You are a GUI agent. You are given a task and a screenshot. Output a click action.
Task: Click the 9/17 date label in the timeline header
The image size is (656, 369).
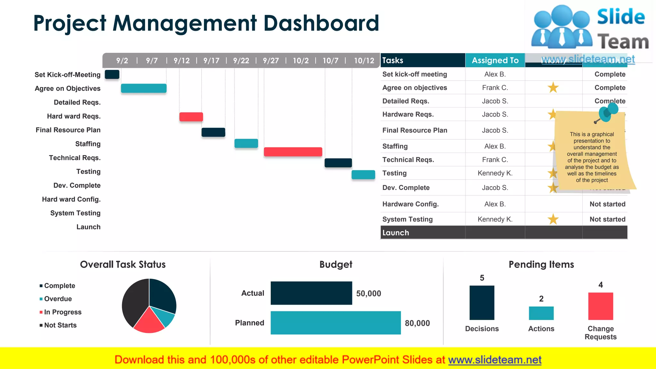point(211,61)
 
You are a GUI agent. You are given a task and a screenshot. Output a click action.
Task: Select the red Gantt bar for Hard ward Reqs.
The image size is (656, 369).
point(191,117)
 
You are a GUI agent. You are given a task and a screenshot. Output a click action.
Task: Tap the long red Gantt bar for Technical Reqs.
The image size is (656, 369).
point(293,152)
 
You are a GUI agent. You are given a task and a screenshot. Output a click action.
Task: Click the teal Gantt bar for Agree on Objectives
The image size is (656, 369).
point(143,88)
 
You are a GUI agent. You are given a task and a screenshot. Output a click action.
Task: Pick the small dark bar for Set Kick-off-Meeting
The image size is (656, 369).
point(112,74)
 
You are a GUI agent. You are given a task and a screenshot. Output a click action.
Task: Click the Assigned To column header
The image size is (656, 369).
point(495,60)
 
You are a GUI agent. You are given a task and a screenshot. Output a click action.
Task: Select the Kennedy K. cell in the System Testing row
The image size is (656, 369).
point(495,219)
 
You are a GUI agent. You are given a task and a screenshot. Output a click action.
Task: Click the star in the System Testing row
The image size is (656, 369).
point(553,219)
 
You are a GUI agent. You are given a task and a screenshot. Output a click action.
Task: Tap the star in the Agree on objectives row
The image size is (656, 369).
point(553,87)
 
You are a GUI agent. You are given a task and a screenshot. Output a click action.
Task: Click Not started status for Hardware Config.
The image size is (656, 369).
point(607,204)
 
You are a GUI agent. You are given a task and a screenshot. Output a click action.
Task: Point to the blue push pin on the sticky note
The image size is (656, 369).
point(607,112)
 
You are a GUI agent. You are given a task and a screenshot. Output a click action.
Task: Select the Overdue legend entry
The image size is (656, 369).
point(58,299)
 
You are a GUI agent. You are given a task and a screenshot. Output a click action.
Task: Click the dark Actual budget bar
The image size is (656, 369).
point(311,293)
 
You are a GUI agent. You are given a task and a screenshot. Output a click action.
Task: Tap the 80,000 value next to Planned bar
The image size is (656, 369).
point(417,323)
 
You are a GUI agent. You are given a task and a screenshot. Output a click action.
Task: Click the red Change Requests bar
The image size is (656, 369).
point(600,306)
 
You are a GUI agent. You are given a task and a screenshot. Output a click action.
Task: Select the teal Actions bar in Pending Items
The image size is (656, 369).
point(541,313)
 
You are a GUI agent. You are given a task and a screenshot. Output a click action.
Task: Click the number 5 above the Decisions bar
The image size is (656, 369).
point(482,278)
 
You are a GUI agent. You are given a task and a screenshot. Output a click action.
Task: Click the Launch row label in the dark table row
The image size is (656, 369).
point(396,233)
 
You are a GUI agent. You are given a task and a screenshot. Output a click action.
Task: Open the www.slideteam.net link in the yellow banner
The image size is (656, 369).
point(495,360)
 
